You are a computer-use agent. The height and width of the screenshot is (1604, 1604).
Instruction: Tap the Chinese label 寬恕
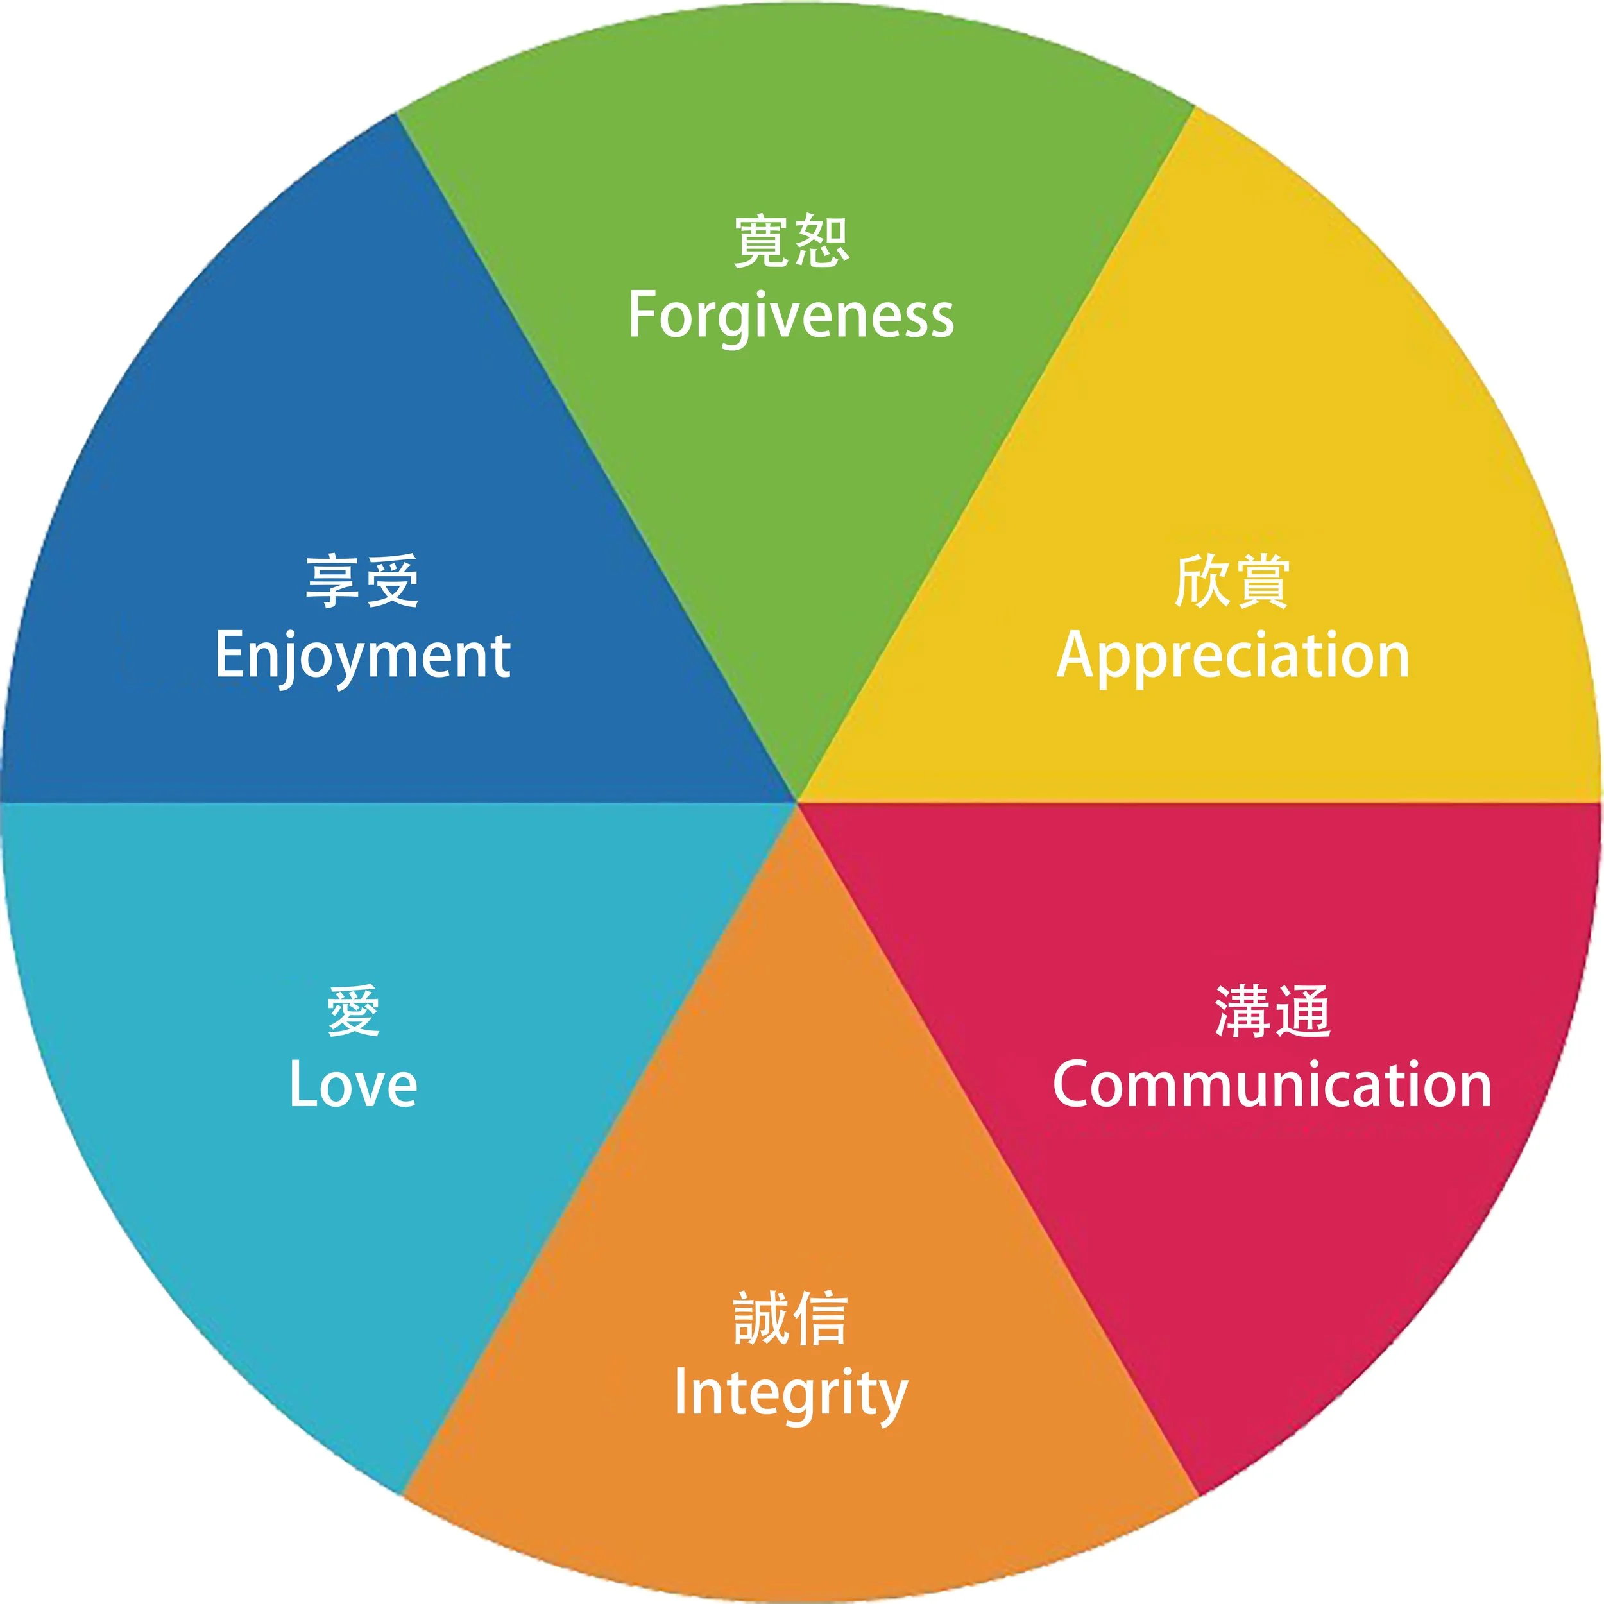tap(791, 242)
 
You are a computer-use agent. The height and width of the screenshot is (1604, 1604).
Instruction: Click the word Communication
tap(1272, 1085)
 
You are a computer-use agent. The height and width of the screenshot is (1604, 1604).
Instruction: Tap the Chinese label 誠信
tap(790, 1318)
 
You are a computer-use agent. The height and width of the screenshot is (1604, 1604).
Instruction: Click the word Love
tap(353, 1085)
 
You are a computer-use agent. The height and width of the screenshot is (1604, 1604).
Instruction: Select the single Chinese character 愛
tap(354, 1011)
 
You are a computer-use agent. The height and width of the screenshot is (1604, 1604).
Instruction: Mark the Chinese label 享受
tap(362, 582)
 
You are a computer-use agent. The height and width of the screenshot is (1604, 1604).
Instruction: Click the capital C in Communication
tap(1076, 1084)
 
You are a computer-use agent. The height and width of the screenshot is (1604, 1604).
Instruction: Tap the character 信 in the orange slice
tap(820, 1318)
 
